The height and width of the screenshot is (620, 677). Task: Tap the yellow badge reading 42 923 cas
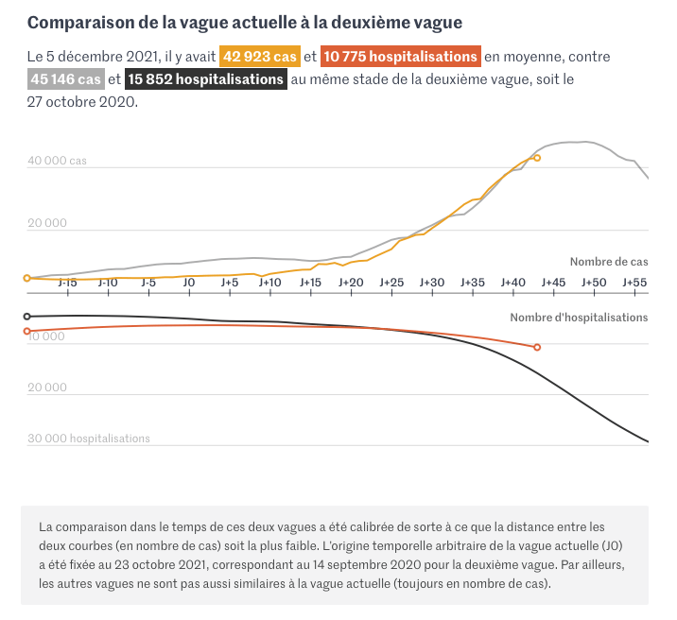(260, 57)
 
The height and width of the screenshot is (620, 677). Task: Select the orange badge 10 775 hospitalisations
(400, 57)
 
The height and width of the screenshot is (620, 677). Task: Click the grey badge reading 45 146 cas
(66, 79)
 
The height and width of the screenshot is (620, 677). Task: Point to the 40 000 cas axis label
(57, 161)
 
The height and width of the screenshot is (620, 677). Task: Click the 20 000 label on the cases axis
(47, 223)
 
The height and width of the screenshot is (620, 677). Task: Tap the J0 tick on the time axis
(189, 283)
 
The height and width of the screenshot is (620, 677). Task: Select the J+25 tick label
(391, 283)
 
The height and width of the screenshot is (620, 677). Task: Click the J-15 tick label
(67, 283)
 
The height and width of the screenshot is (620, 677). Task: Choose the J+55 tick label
(634, 283)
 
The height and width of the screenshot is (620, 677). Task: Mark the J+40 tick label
(512, 283)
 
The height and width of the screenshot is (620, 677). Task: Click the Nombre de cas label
(608, 261)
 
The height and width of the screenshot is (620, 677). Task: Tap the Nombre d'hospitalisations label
(579, 318)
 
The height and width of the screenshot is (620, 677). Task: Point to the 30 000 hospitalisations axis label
(88, 439)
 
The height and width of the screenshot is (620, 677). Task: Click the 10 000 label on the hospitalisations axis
(47, 336)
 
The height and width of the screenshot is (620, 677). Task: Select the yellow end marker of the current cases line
(537, 158)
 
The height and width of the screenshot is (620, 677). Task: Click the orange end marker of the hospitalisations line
(537, 348)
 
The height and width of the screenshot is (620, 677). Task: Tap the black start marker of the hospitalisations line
(26, 316)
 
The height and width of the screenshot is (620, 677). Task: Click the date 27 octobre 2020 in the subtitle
(81, 102)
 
